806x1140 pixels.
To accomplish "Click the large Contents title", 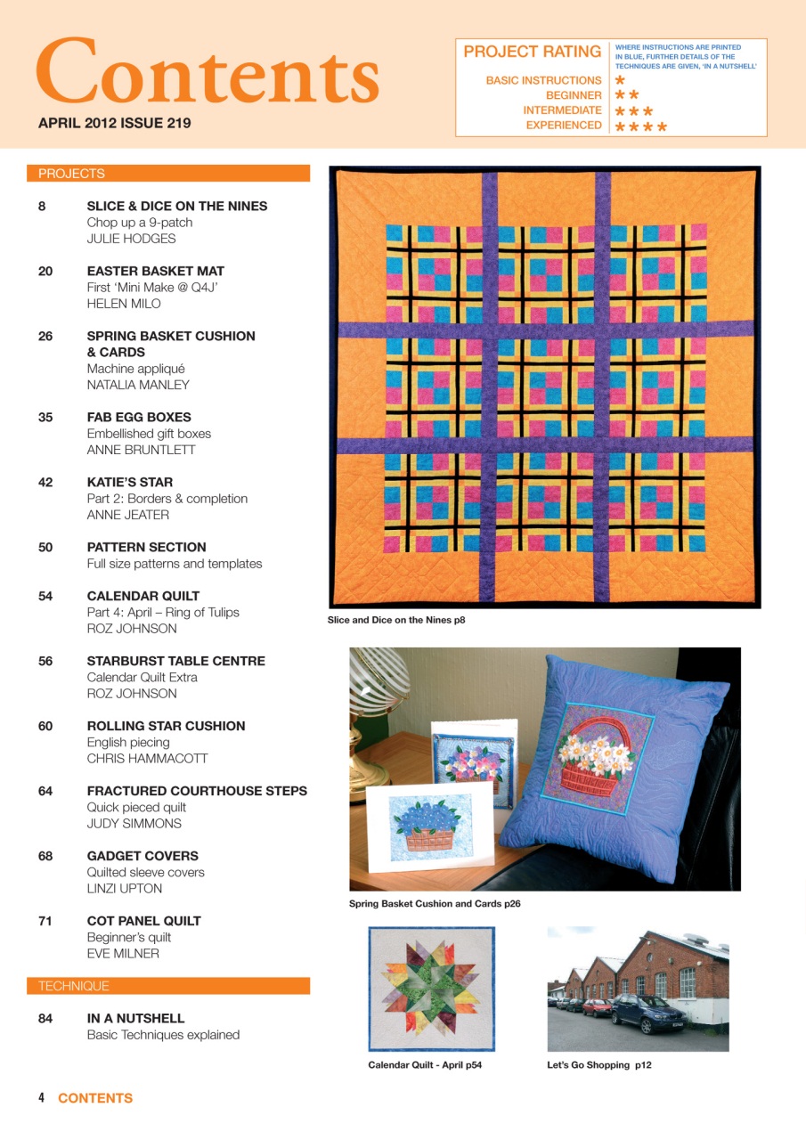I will pyautogui.click(x=208, y=71).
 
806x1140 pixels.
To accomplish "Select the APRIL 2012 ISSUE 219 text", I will pyautogui.click(x=114, y=124).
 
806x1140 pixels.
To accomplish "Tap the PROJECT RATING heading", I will pyautogui.click(x=532, y=52).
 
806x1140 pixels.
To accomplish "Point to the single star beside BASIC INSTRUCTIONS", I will pyautogui.click(x=620, y=80).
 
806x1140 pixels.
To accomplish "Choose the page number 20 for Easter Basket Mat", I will pyautogui.click(x=45, y=271).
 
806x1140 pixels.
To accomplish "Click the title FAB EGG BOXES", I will pyautogui.click(x=139, y=417).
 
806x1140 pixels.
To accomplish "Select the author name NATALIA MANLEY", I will pyautogui.click(x=138, y=385).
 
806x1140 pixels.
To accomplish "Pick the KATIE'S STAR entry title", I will pyautogui.click(x=130, y=482).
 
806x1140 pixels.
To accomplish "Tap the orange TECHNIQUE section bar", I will pyautogui.click(x=168, y=986).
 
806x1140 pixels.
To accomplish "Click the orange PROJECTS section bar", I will pyautogui.click(x=168, y=174).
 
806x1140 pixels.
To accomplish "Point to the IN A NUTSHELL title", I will pyautogui.click(x=135, y=1018).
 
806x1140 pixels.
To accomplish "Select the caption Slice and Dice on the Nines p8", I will pyautogui.click(x=396, y=620).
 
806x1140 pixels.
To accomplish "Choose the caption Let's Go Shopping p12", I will pyautogui.click(x=598, y=1064).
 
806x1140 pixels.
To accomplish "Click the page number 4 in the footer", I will pyautogui.click(x=41, y=1098).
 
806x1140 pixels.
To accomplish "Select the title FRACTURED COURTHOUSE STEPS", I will pyautogui.click(x=197, y=791).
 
